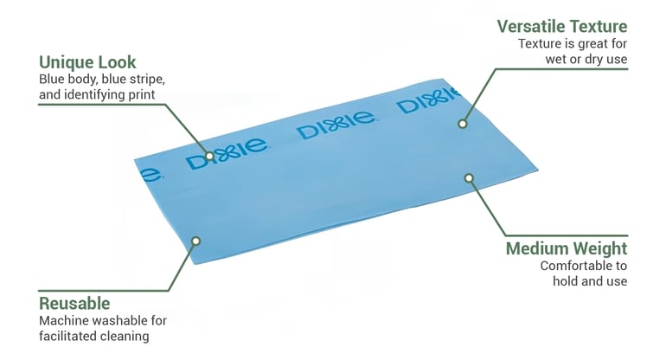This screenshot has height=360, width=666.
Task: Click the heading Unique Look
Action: pyautogui.click(x=87, y=62)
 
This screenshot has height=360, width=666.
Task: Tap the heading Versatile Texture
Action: pyautogui.click(x=562, y=26)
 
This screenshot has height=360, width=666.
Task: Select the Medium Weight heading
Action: pyautogui.click(x=567, y=248)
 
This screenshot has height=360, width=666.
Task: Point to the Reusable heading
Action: pyautogui.click(x=74, y=304)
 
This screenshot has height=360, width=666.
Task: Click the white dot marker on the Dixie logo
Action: pyautogui.click(x=209, y=156)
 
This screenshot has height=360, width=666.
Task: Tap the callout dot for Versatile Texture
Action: pyautogui.click(x=463, y=124)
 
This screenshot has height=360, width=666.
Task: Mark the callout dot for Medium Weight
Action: pyautogui.click(x=469, y=178)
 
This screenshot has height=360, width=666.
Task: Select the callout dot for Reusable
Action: pyautogui.click(x=195, y=241)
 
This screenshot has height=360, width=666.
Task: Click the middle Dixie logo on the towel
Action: pyautogui.click(x=336, y=125)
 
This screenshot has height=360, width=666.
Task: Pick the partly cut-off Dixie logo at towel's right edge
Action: pyautogui.click(x=428, y=100)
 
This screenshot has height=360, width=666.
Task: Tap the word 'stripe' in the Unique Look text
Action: pyautogui.click(x=145, y=80)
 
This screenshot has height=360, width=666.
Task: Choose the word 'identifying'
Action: pyautogui.click(x=95, y=95)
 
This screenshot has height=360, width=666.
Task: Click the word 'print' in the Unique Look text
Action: pyautogui.click(x=143, y=95)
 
